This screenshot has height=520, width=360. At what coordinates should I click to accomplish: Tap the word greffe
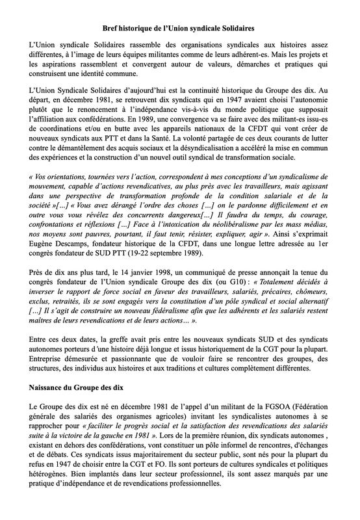[x=125, y=344]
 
